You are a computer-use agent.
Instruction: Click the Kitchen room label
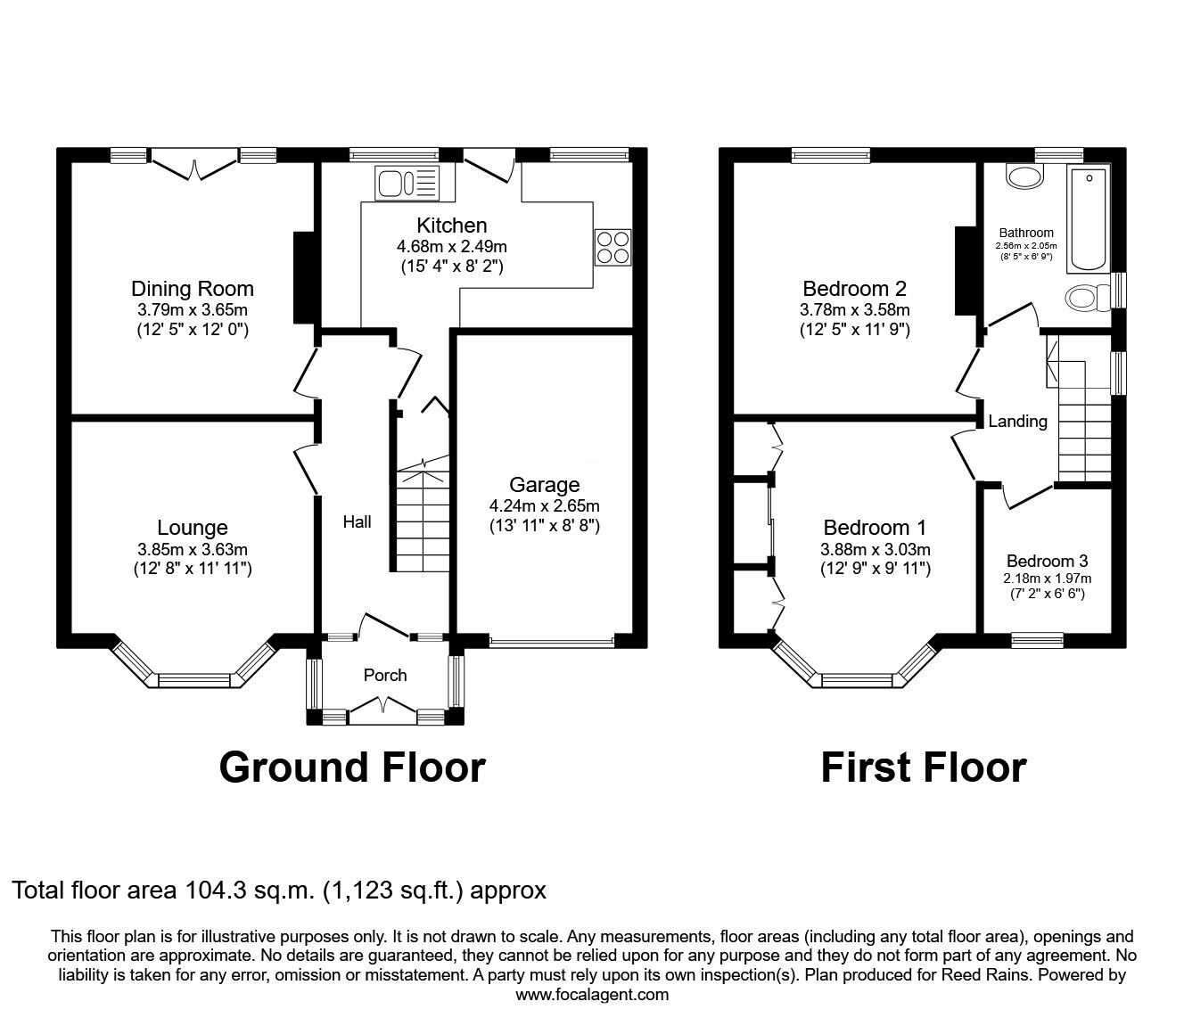pos(451,226)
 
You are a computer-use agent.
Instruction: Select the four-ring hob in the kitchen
pos(613,247)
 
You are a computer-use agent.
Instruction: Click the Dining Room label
pos(193,289)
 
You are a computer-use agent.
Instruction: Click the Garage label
pos(544,485)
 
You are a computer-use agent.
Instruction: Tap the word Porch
pos(385,676)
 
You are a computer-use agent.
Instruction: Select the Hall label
pos(358,522)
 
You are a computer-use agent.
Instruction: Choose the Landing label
pos(1017,422)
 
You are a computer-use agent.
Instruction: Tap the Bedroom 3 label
pos(1047,562)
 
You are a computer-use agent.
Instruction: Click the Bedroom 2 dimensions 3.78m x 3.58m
pos(854,310)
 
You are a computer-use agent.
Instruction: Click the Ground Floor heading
pos(352,767)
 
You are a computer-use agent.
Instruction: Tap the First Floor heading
pos(923,767)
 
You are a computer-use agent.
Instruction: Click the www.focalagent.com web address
pos(592,995)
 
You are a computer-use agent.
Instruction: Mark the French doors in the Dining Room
pos(195,166)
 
